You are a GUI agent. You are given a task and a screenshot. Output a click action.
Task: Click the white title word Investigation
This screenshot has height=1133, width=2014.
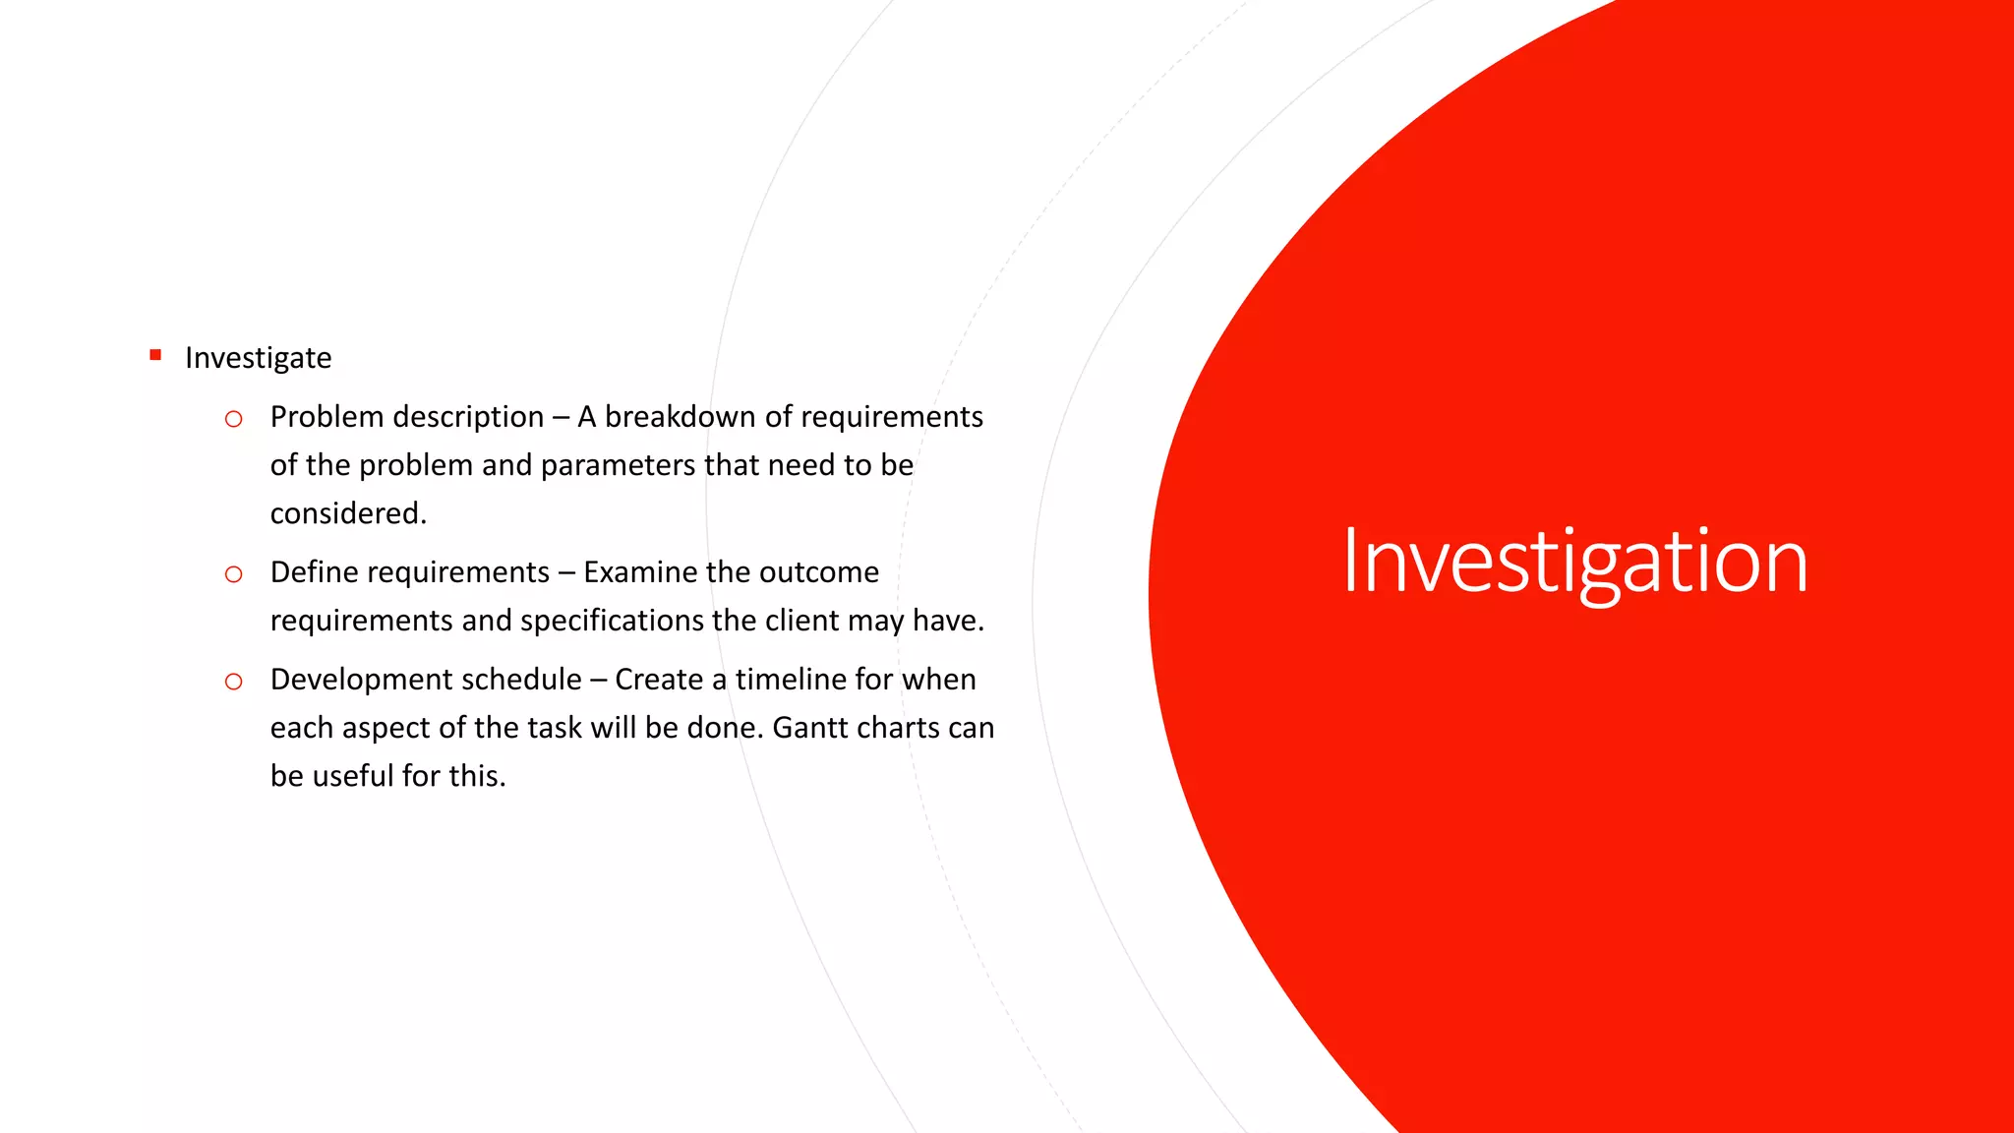[x=1574, y=562]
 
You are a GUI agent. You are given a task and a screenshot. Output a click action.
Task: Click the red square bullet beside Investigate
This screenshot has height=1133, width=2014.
[x=155, y=355]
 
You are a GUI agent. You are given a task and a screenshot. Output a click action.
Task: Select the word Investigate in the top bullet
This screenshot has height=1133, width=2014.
[x=258, y=358]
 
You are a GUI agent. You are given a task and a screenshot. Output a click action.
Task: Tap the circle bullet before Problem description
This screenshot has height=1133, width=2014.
[x=233, y=419]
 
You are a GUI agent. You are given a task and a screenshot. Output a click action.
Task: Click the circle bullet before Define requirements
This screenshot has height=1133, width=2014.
[x=233, y=574]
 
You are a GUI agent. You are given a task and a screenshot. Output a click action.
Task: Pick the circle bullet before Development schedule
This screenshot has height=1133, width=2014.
[x=233, y=682]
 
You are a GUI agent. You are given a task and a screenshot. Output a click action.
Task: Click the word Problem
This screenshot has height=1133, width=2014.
[x=326, y=417]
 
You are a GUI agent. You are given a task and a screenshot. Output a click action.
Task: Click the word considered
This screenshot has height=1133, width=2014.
[x=348, y=513]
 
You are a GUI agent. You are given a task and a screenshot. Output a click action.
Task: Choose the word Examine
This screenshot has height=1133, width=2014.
[x=640, y=572]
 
